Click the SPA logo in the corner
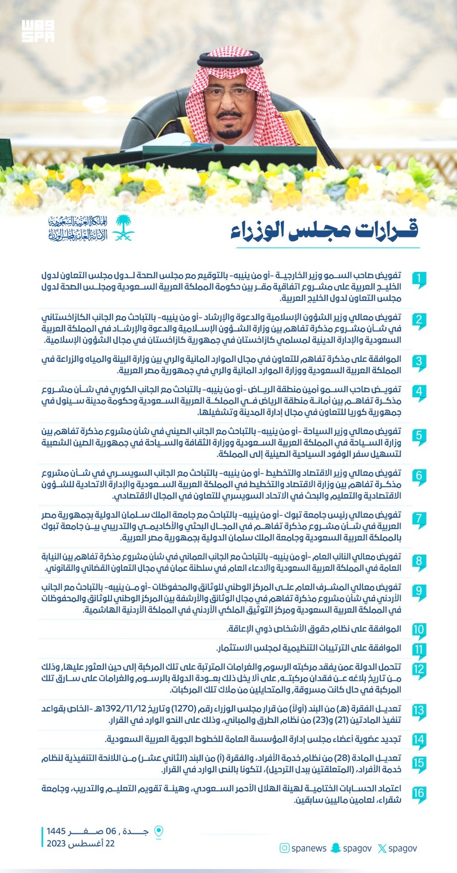point(38,31)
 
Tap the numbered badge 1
point(418,279)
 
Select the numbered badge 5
point(418,436)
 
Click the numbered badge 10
point(418,630)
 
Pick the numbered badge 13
point(418,711)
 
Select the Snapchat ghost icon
point(335,848)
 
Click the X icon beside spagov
point(382,848)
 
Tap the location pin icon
point(159,832)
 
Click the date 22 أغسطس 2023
point(80,843)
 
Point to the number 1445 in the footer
point(56,831)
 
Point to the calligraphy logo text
point(78,228)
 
